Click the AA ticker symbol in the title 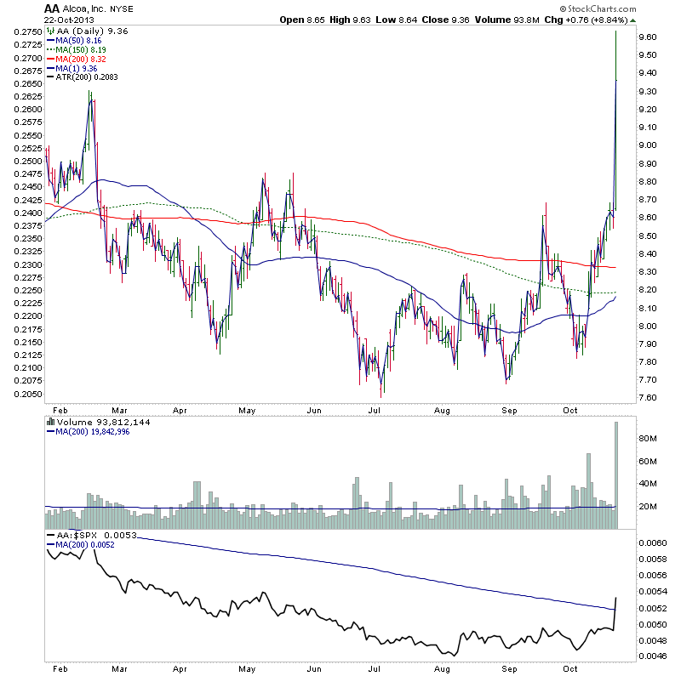tap(51, 8)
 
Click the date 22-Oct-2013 tap(69, 20)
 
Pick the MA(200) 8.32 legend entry tap(83, 59)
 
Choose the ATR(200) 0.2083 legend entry tap(88, 77)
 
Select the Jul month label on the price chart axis tap(374, 409)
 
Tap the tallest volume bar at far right tap(616, 476)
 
